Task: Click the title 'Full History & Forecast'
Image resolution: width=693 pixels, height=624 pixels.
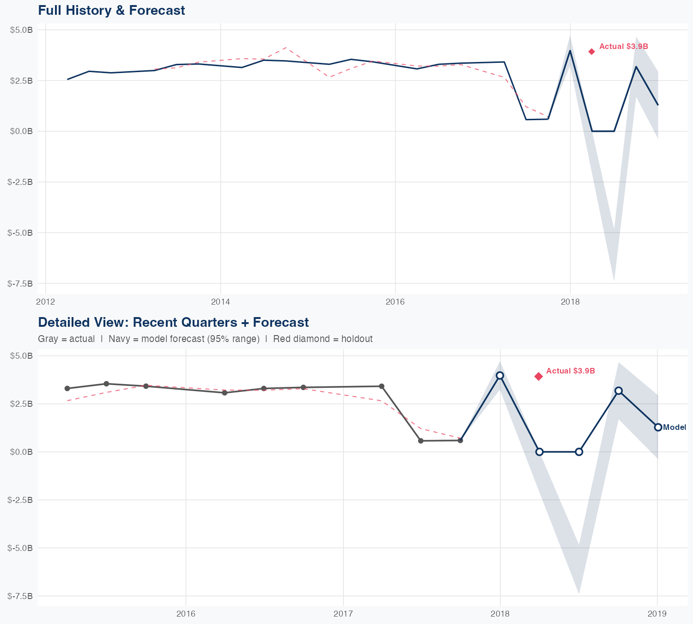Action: click(111, 10)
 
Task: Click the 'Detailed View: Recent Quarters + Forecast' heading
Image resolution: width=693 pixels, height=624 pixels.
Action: click(173, 322)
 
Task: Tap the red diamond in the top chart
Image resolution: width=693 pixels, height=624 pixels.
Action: click(591, 51)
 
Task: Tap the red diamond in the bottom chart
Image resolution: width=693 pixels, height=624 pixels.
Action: click(538, 376)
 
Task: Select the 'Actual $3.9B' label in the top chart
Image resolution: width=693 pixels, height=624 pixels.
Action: click(623, 46)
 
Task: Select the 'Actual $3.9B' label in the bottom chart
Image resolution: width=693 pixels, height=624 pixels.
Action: click(570, 371)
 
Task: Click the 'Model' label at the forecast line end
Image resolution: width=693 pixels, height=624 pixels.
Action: click(675, 428)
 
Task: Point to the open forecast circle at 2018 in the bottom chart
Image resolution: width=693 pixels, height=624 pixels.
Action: click(499, 375)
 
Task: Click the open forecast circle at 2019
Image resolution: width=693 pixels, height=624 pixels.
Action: click(658, 427)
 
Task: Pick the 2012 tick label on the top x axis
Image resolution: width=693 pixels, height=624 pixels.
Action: click(45, 302)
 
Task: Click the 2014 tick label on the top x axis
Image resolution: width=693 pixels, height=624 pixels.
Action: click(220, 302)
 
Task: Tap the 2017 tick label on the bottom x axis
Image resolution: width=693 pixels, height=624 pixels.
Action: click(343, 614)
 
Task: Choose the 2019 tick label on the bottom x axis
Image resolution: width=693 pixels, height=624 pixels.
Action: click(657, 614)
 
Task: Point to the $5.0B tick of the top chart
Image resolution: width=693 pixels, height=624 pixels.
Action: click(21, 30)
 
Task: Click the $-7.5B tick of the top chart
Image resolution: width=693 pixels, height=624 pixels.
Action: click(20, 283)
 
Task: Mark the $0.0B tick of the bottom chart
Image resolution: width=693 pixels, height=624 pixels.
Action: click(21, 452)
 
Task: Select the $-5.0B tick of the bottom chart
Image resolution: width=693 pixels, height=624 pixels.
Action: click(20, 548)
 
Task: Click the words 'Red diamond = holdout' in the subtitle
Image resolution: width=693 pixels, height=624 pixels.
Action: click(322, 339)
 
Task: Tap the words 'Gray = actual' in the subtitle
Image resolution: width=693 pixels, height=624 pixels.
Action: click(66, 339)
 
